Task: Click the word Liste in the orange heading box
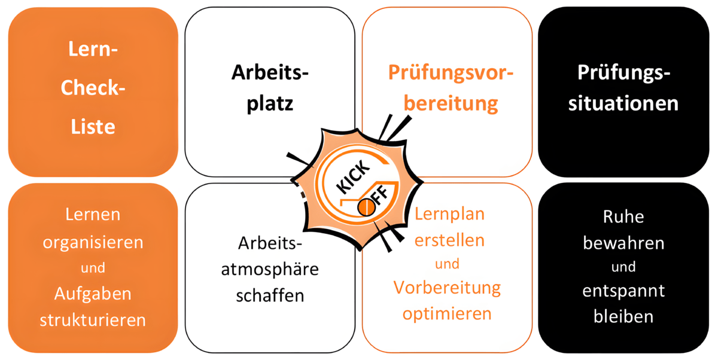pyautogui.click(x=93, y=127)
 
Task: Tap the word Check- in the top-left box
pyautogui.click(x=93, y=89)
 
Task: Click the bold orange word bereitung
pyautogui.click(x=451, y=103)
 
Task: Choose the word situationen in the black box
pyautogui.click(x=623, y=103)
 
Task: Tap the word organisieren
pyautogui.click(x=93, y=243)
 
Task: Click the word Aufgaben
pyautogui.click(x=93, y=294)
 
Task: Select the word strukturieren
pyautogui.click(x=93, y=319)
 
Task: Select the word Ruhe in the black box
pyautogui.click(x=623, y=216)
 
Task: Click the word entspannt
pyautogui.click(x=623, y=291)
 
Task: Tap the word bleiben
pyautogui.click(x=623, y=316)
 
